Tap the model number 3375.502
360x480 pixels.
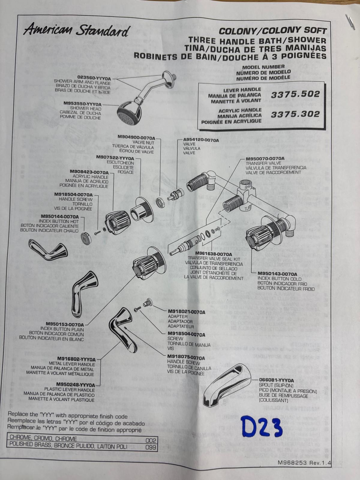tap(295, 94)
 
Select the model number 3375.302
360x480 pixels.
tap(295, 114)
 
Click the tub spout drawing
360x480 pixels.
tap(228, 384)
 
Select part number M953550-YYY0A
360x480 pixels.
tap(82, 104)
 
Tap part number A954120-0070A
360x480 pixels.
tap(201, 140)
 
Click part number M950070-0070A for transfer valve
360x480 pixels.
tap(265, 159)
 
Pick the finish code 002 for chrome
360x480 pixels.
tap(151, 440)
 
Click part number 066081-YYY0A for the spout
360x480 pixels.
tap(276, 380)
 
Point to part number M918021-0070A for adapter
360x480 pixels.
tap(186, 312)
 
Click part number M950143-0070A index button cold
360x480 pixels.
tap(277, 274)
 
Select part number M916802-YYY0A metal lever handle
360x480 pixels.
tap(76, 359)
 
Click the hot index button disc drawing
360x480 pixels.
tap(86, 238)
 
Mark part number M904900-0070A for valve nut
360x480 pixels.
tap(136, 137)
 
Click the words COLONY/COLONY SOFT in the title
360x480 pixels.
tap(272, 31)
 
